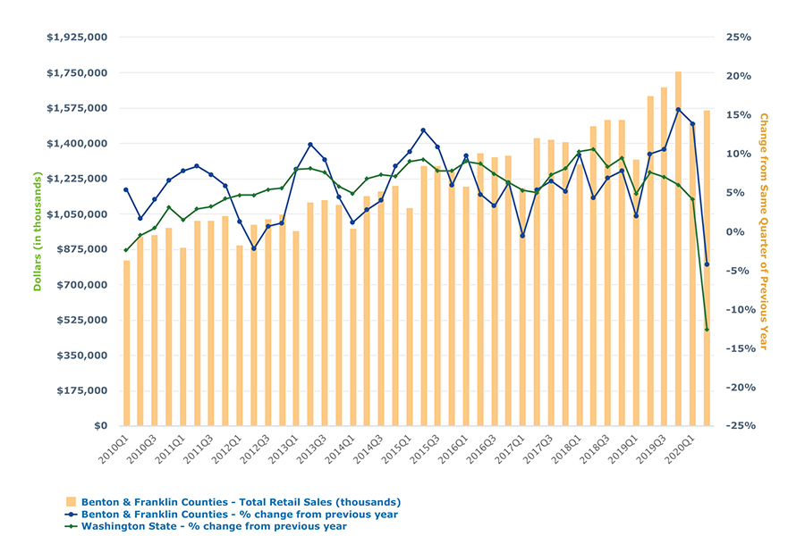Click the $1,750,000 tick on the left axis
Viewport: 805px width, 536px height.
tap(77, 73)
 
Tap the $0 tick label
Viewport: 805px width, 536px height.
tap(100, 426)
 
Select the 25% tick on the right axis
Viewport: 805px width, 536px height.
tap(738, 38)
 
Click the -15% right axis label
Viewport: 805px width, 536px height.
tap(736, 348)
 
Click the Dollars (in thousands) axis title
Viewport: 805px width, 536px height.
tap(38, 231)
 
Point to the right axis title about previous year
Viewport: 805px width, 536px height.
tap(764, 231)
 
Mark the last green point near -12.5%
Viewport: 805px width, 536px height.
tap(707, 330)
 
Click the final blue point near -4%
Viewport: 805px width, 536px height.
tap(707, 264)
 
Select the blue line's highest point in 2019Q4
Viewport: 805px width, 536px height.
tap(678, 110)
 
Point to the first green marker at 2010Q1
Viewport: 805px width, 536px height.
tap(126, 250)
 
